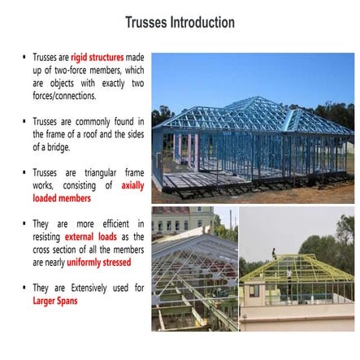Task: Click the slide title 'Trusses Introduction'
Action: point(180,22)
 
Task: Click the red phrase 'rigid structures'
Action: point(98,58)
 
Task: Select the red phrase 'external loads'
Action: point(97,236)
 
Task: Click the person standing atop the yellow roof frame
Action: point(274,254)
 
